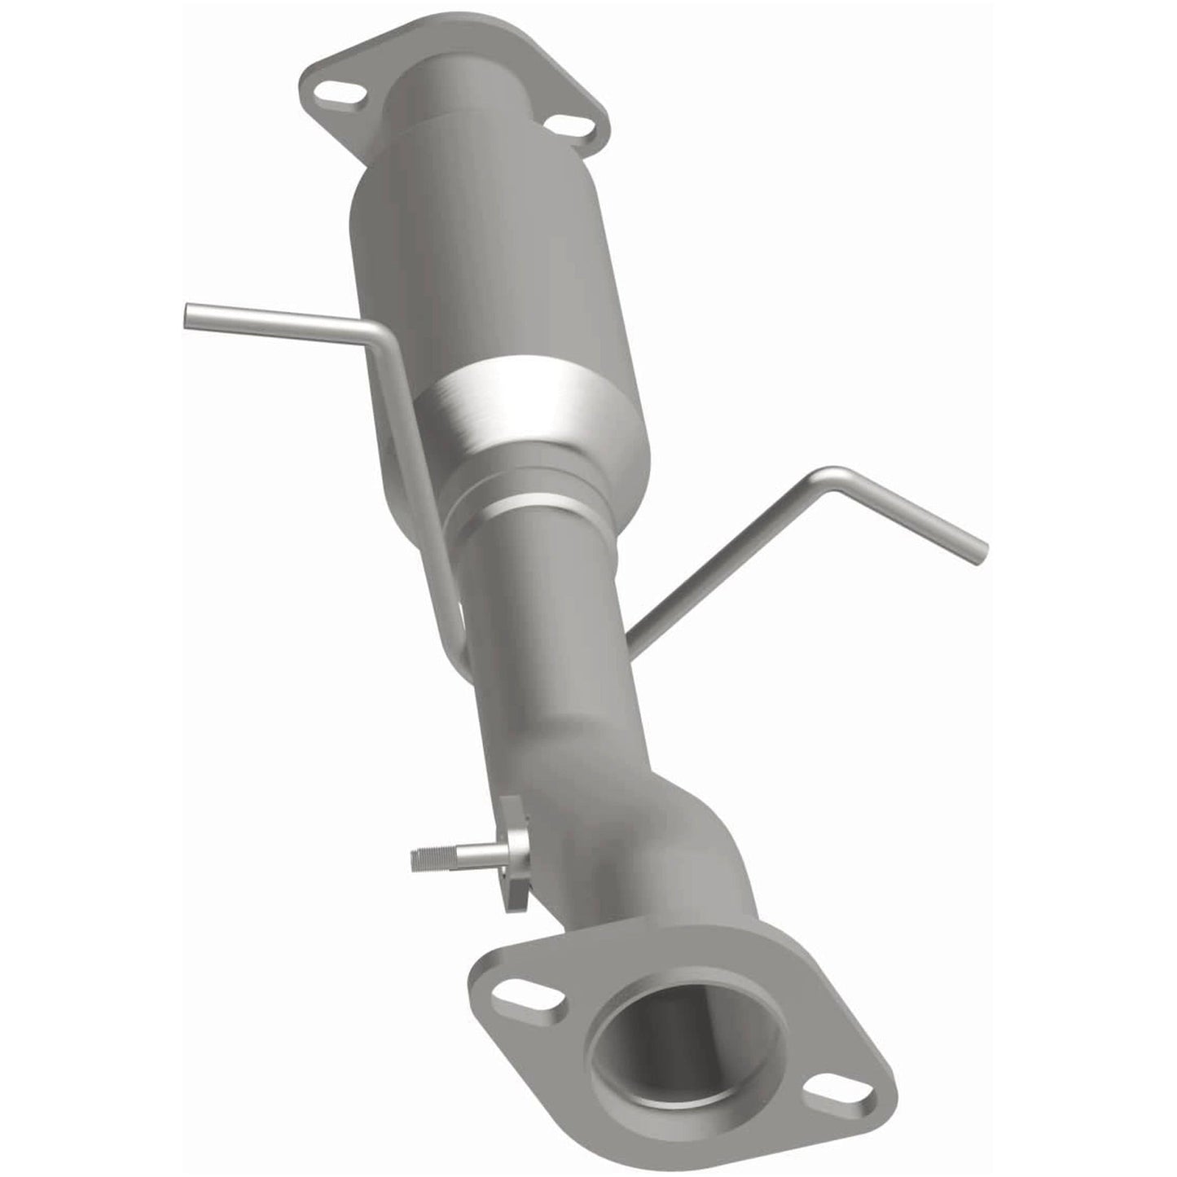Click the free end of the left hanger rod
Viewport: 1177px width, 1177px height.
point(192,314)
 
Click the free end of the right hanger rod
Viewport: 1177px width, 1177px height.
point(978,551)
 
